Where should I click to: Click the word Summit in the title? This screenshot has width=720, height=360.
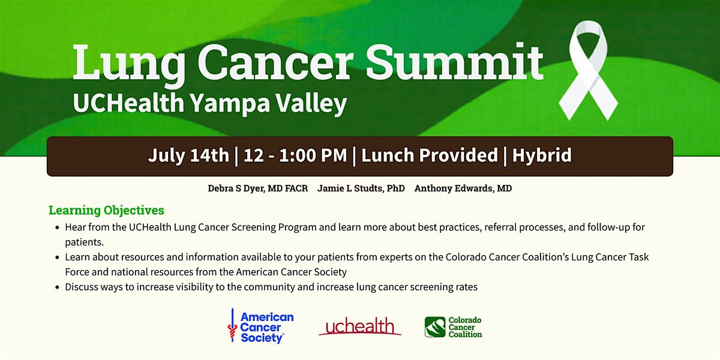[x=455, y=62]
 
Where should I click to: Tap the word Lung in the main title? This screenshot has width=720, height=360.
[x=129, y=64]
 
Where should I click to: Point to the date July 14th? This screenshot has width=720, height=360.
[x=188, y=155]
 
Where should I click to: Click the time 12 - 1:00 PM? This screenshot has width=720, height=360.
[x=295, y=155]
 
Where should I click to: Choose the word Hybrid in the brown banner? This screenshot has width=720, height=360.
[x=542, y=155]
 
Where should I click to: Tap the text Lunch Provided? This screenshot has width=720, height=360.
[x=430, y=155]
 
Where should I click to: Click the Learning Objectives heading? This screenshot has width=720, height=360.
[x=106, y=210]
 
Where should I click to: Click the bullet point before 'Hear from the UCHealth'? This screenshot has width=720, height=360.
[x=57, y=227]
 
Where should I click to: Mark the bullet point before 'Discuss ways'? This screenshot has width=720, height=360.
[x=57, y=287]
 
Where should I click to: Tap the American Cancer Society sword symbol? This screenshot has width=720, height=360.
[x=232, y=325]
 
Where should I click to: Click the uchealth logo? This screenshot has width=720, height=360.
[x=359, y=326]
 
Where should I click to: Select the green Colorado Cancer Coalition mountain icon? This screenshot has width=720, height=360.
[x=435, y=327]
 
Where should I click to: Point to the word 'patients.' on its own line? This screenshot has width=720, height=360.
[x=84, y=242]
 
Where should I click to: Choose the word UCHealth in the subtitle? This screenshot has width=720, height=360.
[x=128, y=103]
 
